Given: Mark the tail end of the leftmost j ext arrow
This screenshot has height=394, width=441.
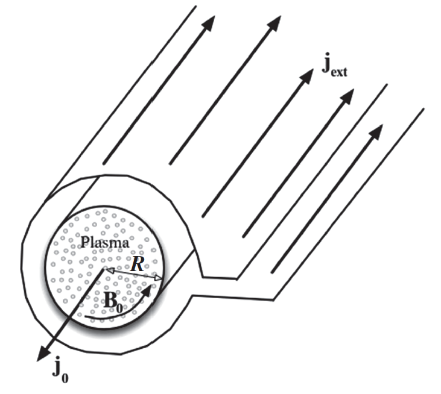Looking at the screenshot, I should pos(104,162).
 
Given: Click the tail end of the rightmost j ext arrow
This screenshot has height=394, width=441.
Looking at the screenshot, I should pos(272,271).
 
